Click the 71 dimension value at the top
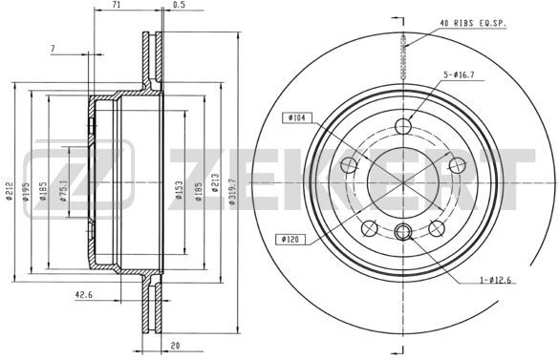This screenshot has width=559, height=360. tap(116, 4)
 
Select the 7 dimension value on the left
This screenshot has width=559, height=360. tap(53, 49)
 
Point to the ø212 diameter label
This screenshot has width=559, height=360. tap(10, 191)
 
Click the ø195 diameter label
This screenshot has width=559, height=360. tap(26, 192)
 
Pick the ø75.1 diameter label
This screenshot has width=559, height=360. tap(64, 191)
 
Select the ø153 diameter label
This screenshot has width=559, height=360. tap(180, 190)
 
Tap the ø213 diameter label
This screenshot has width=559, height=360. tap(215, 182)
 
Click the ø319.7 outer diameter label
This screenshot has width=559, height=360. tap(232, 191)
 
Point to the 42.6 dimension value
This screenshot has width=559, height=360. tap(83, 295)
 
